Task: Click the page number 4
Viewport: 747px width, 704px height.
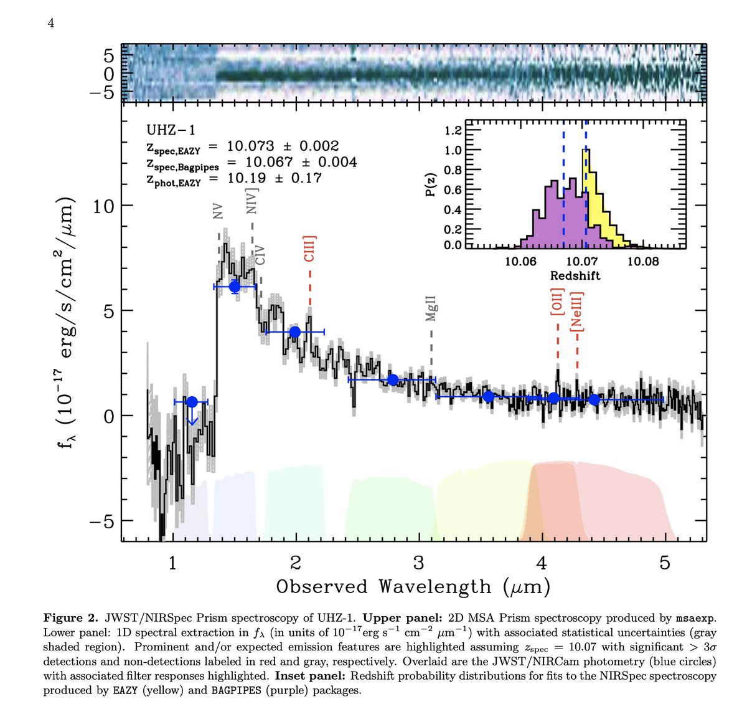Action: click(52, 24)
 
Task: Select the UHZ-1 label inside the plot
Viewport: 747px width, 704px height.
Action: click(171, 130)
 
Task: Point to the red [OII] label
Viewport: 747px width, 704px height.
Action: click(557, 303)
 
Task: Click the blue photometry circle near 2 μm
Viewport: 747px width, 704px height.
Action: click(295, 332)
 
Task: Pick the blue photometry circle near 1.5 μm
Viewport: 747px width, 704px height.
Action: click(235, 287)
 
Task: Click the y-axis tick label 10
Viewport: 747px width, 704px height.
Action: click(104, 206)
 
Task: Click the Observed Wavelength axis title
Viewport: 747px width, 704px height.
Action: click(413, 587)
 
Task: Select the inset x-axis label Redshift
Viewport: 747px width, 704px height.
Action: click(575, 275)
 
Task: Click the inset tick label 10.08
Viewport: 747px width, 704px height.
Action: click(642, 261)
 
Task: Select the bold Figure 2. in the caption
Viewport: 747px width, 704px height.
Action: click(70, 618)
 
